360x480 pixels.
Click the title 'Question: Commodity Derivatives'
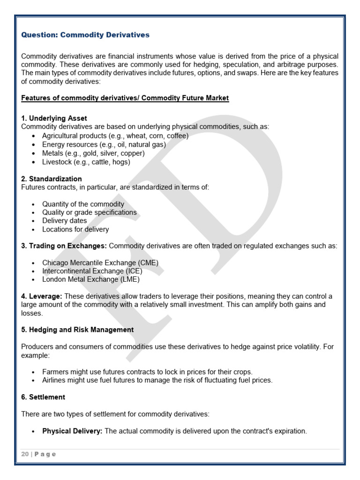85,35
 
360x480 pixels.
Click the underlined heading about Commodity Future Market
125,98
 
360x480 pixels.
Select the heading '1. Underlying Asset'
54,118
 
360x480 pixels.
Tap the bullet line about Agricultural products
115,135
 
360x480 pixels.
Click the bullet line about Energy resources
104,144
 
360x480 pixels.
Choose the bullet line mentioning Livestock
86,162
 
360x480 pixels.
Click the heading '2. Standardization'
52,179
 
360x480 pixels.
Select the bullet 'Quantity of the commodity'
83,204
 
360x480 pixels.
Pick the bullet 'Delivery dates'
64,221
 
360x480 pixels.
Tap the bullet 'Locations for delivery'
75,229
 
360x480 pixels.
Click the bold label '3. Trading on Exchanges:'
64,246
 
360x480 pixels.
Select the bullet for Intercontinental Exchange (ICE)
92,271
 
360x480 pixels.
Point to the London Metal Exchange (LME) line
90,279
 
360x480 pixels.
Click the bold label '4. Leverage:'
42,296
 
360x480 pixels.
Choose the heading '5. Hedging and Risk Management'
77,330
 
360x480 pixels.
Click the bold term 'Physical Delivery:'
72,431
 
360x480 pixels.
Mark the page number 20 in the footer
25,454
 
